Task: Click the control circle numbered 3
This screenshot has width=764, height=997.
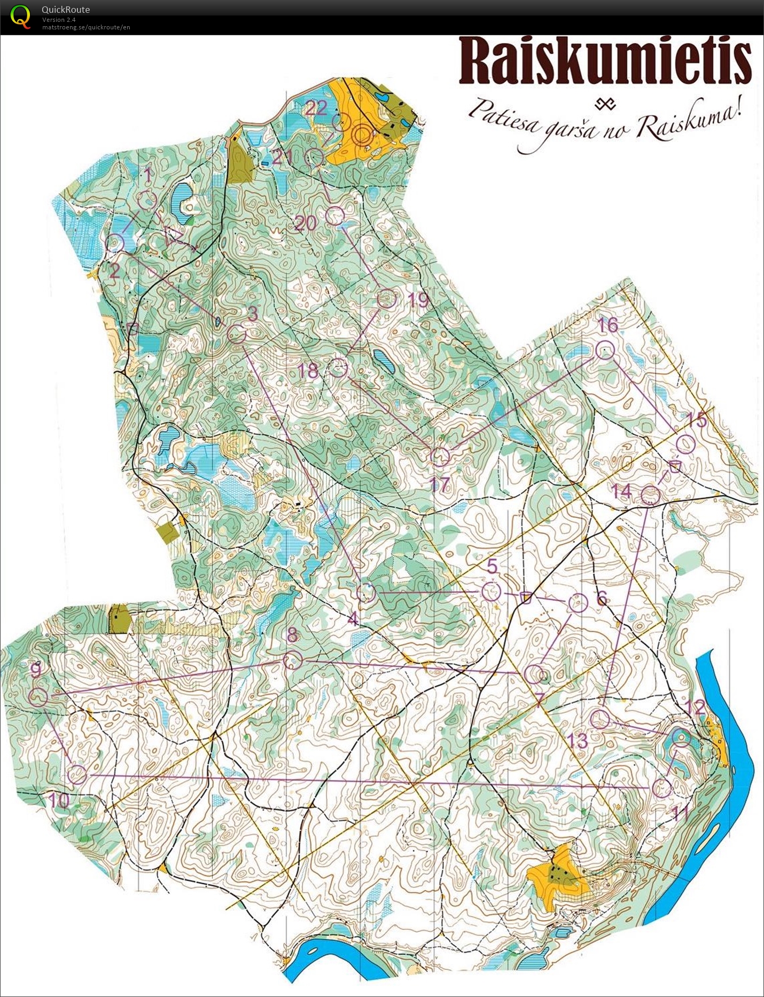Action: [x=236, y=334]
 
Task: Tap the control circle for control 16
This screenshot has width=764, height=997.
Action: [x=605, y=350]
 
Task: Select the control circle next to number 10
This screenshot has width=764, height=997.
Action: [x=77, y=774]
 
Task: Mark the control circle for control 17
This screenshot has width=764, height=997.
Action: [x=440, y=457]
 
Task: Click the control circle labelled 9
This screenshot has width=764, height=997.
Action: [x=37, y=697]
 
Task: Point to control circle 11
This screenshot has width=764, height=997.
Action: [x=662, y=788]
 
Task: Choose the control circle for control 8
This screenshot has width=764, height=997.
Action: [x=293, y=661]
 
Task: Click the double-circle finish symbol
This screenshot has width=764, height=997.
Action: [x=362, y=135]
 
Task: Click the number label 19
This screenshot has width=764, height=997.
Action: [x=418, y=300]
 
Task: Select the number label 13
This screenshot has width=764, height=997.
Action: [x=577, y=741]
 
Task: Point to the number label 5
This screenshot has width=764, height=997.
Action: [x=492, y=566]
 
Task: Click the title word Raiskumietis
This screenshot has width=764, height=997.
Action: [x=605, y=61]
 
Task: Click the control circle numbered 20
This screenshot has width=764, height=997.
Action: [x=334, y=216]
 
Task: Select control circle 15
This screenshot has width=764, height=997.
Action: [x=685, y=444]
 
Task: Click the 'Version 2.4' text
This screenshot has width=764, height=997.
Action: [x=59, y=20]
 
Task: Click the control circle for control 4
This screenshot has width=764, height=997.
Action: [x=366, y=592]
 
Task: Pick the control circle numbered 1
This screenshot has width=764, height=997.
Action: [x=147, y=200]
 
